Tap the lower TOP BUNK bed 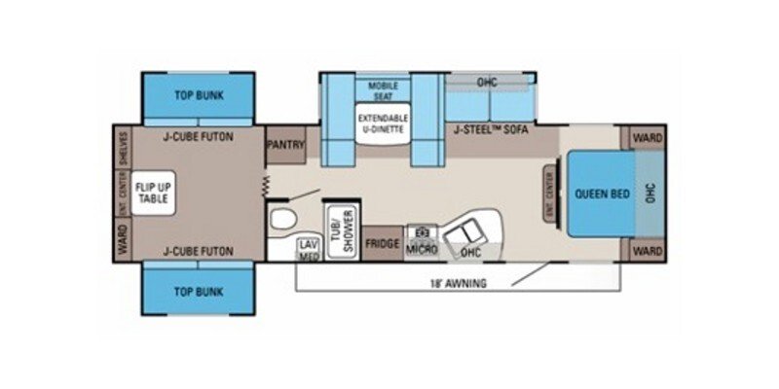(x=198, y=292)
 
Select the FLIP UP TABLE (x=152, y=193)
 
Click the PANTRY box (x=285, y=145)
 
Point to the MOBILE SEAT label (x=383, y=90)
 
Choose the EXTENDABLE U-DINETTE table (x=383, y=124)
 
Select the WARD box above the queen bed (x=648, y=139)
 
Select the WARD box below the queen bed (x=648, y=250)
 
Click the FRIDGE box (x=382, y=243)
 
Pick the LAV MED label (x=309, y=249)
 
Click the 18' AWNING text (x=458, y=283)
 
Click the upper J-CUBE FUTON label (x=198, y=137)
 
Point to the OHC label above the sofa (x=487, y=82)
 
